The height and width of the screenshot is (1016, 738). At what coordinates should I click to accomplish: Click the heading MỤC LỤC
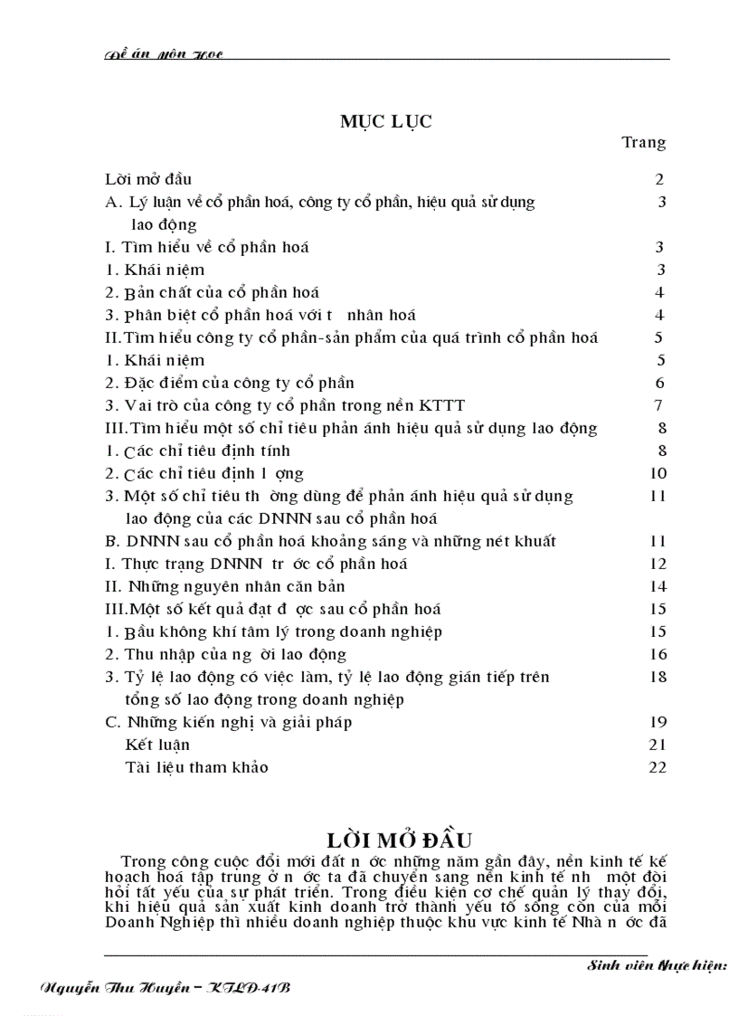tap(385, 122)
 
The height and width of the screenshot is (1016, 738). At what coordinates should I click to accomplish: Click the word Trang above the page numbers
tap(644, 142)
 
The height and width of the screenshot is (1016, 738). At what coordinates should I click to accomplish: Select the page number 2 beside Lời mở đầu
tap(660, 179)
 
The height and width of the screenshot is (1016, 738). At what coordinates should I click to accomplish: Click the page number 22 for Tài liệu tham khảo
tap(658, 767)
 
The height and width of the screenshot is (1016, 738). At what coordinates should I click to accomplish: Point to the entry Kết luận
tap(158, 745)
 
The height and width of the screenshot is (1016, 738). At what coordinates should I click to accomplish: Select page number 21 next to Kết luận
tap(658, 745)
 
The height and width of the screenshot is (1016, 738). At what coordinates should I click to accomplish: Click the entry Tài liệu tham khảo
tap(197, 767)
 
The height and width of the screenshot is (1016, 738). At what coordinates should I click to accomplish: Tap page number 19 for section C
tap(658, 722)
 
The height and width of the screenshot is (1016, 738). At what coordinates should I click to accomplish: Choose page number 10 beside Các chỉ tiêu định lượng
tap(658, 473)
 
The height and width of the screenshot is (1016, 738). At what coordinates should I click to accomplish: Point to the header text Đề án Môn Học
tap(164, 55)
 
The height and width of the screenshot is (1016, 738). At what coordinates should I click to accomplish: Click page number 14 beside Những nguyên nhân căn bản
tap(658, 586)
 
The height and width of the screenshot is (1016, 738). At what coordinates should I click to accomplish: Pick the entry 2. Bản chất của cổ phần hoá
tap(213, 292)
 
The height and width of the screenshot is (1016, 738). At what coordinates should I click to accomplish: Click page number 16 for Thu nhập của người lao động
tap(658, 654)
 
